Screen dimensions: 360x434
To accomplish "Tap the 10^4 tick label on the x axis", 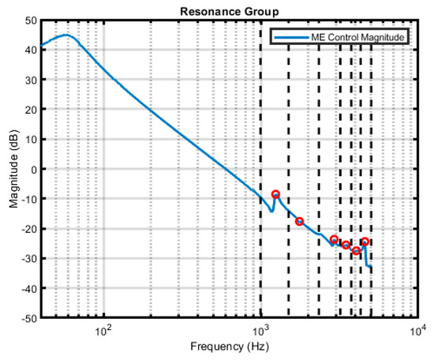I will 417,329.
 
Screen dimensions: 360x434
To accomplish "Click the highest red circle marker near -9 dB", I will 275,194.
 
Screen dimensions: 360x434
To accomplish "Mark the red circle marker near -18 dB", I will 299,222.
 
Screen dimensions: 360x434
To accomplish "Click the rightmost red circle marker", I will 365,242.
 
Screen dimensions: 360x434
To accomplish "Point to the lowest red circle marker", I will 356,250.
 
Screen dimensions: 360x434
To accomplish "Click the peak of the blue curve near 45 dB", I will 66,35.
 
